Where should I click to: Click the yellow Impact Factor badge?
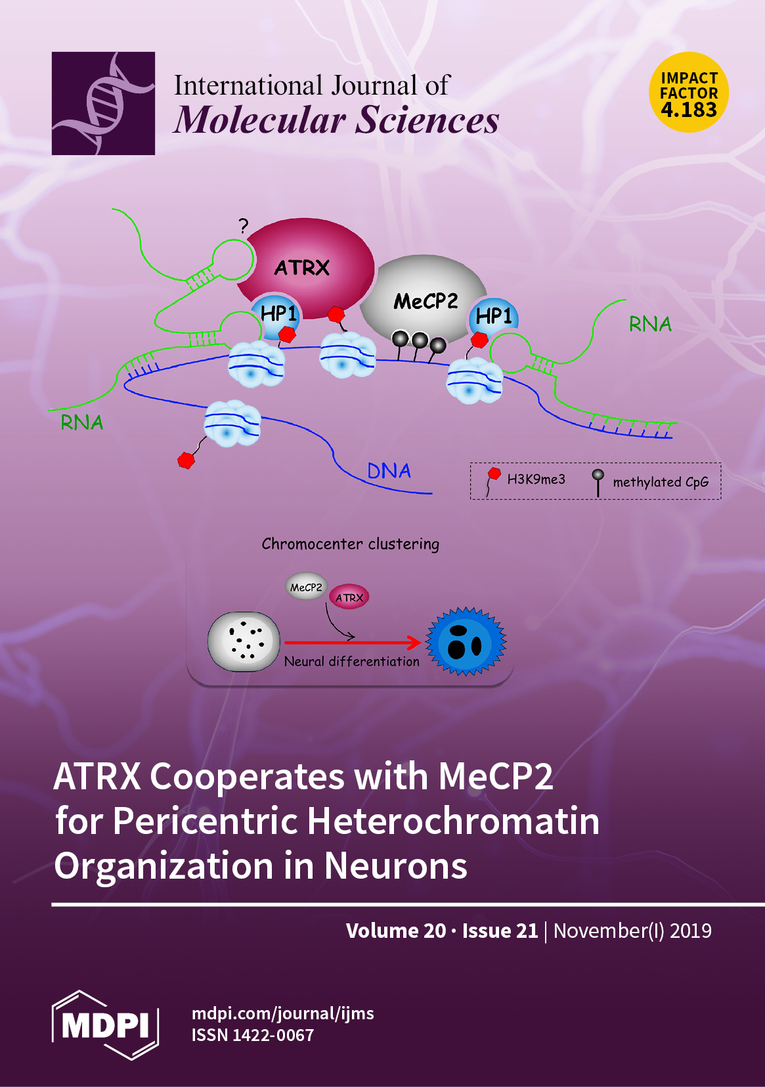click(x=689, y=93)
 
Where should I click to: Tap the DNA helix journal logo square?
click(x=103, y=103)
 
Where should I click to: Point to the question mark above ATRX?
click(x=244, y=227)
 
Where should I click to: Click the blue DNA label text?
click(x=389, y=471)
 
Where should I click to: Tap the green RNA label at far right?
click(x=650, y=324)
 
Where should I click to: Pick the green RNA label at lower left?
click(x=82, y=423)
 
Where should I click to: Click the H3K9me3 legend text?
click(x=536, y=480)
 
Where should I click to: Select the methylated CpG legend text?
click(x=661, y=482)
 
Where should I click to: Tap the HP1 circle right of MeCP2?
click(x=494, y=317)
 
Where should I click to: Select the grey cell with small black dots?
click(x=244, y=642)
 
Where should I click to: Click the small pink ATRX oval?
click(x=349, y=597)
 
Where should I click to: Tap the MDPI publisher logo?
click(x=105, y=1024)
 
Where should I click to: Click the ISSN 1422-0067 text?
click(x=253, y=1035)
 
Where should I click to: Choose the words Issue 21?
click(x=500, y=931)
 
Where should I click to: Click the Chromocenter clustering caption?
click(x=350, y=544)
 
